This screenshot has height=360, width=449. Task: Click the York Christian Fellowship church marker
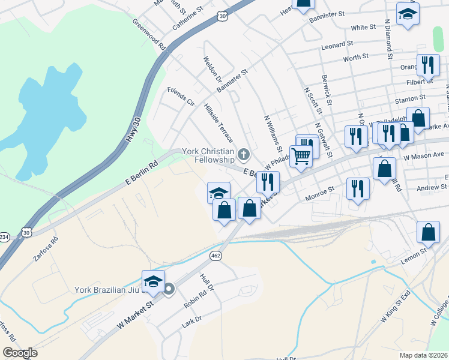point(244,155)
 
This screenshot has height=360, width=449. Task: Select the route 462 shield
point(215,256)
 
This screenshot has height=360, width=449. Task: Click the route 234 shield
point(2,236)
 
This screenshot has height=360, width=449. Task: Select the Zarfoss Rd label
point(46,248)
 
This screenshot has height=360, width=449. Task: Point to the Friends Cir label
point(181,95)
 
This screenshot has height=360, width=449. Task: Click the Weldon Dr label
point(212,71)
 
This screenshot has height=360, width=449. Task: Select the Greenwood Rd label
point(149,33)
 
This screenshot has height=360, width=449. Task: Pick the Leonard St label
point(337,46)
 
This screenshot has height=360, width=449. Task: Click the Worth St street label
point(355,58)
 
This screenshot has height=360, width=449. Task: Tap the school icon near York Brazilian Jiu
point(153,281)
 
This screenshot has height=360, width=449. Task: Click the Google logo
point(20,353)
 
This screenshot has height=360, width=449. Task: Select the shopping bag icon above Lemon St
point(428,232)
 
